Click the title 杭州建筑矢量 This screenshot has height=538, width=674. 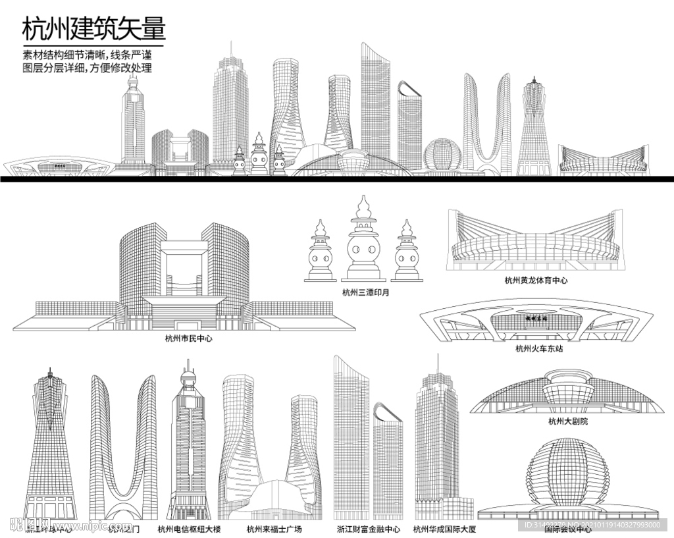click(93, 29)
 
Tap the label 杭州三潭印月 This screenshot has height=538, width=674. click(365, 292)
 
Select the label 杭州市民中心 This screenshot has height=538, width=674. click(189, 338)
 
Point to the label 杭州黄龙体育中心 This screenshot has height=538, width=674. click(536, 281)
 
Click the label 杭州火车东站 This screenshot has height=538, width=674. click(539, 348)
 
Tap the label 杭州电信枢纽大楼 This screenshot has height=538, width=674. click(189, 528)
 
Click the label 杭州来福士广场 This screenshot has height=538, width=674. click(274, 528)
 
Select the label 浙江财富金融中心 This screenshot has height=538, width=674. click(368, 528)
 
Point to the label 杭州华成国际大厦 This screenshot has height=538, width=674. click(444, 528)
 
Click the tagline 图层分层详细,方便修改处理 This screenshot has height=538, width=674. click(87, 68)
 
